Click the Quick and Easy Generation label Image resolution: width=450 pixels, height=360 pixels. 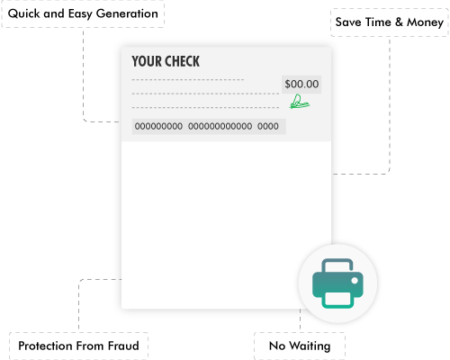click(83, 14)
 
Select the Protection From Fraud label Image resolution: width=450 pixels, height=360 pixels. click(78, 346)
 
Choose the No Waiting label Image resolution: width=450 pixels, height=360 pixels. click(299, 346)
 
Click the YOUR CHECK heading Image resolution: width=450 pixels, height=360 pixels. click(166, 61)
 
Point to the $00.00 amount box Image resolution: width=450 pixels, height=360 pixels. click(301, 85)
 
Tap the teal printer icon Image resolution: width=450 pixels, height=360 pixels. click(337, 282)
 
